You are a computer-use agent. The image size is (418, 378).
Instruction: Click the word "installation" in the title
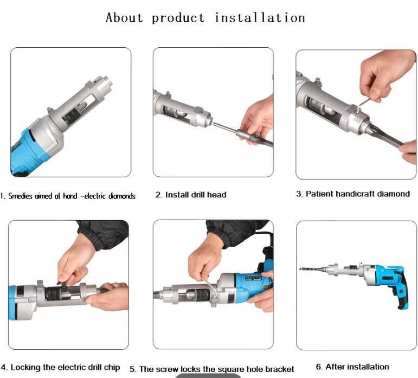click(x=260, y=18)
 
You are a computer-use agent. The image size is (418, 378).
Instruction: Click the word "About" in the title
click(x=124, y=17)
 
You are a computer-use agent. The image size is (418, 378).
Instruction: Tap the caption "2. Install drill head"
click(x=191, y=195)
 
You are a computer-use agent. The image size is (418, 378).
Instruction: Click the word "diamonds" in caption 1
click(x=122, y=196)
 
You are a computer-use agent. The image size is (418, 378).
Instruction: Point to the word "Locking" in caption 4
click(x=25, y=368)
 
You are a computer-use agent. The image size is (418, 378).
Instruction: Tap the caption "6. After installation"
click(x=352, y=367)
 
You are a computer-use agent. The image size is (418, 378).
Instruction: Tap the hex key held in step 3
click(x=363, y=104)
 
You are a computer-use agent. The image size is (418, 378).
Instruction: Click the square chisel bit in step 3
click(x=384, y=136)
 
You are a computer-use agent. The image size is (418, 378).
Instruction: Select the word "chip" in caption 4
click(x=112, y=368)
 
